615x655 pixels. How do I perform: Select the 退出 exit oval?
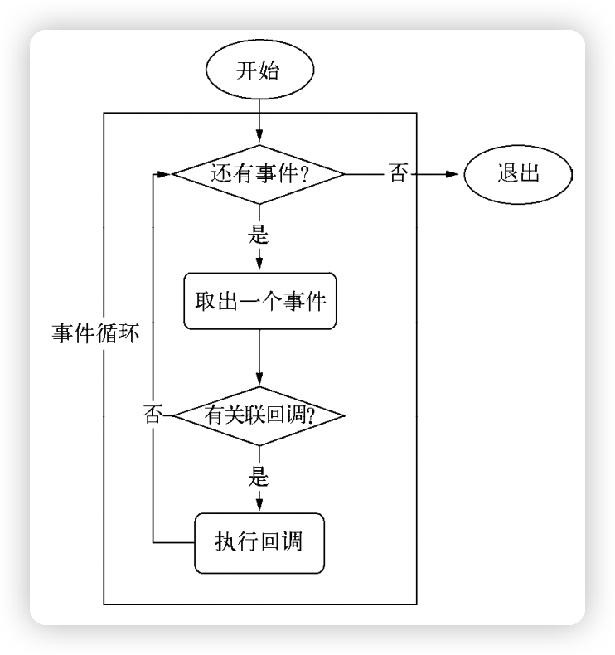click(518, 174)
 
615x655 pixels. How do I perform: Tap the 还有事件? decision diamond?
click(259, 174)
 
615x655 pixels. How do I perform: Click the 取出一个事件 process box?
click(259, 300)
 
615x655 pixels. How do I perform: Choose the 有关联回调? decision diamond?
click(259, 414)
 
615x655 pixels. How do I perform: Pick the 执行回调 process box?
click(259, 543)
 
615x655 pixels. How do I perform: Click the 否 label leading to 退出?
click(398, 174)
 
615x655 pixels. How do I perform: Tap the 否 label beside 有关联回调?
click(153, 414)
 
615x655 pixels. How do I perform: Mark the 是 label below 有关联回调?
click(259, 477)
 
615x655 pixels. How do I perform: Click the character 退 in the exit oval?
click(506, 174)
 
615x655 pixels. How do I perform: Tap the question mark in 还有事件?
click(303, 175)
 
